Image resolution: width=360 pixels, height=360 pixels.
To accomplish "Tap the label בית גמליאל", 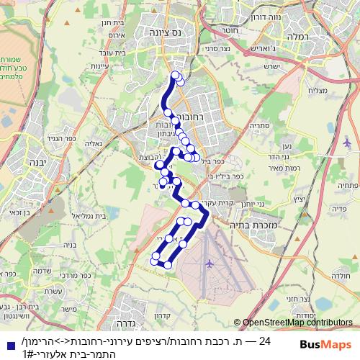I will (91, 215).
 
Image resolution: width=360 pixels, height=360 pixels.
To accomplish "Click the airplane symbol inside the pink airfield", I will (210, 263).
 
